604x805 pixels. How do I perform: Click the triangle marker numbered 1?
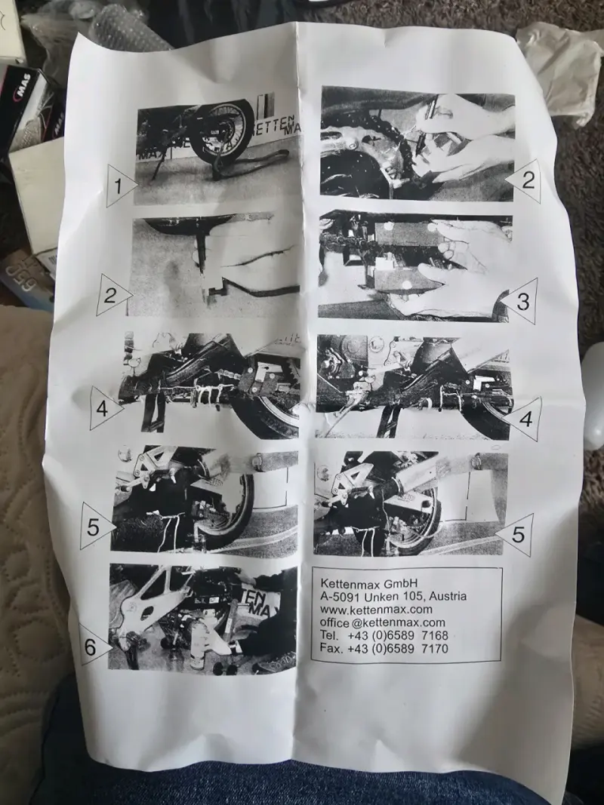tap(120, 186)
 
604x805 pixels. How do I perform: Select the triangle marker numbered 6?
tap(94, 645)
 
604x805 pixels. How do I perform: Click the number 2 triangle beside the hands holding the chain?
tap(525, 180)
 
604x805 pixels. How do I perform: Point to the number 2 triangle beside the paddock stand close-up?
tap(112, 295)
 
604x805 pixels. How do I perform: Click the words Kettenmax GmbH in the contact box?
tap(368, 583)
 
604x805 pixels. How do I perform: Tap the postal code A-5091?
tap(340, 597)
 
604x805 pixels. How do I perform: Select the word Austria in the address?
tap(448, 597)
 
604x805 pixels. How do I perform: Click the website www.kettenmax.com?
tap(376, 610)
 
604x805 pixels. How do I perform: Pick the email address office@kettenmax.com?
tap(382, 622)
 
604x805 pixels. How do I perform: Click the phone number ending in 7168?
tap(398, 635)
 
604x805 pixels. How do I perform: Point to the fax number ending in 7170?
tap(398, 648)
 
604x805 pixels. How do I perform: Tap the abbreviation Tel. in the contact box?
tap(328, 635)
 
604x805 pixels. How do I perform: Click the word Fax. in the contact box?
tap(331, 648)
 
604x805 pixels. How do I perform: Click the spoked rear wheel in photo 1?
tap(222, 134)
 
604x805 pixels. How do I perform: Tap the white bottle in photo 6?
tap(199, 649)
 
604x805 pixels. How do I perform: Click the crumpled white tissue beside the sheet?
tap(560, 72)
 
